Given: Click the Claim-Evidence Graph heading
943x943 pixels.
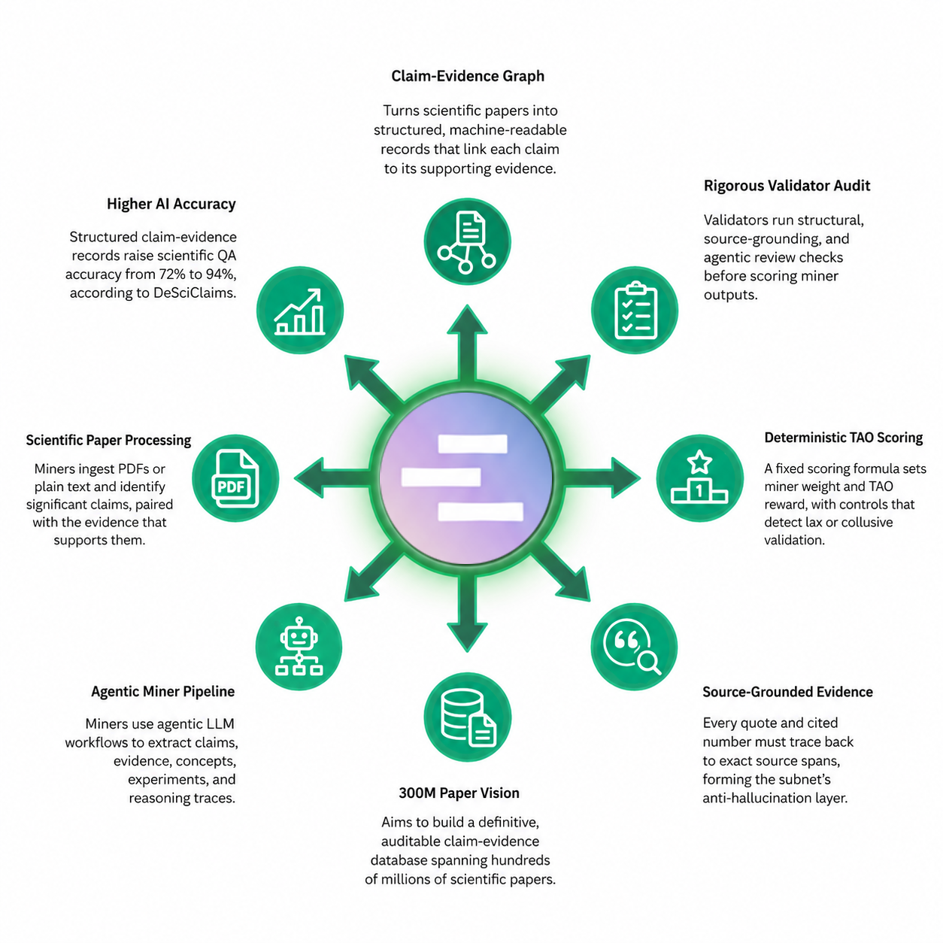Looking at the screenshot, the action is coord(467,77).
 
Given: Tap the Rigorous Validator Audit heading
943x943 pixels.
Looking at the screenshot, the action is coord(787,186).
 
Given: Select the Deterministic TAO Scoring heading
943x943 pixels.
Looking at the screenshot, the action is coord(843,438).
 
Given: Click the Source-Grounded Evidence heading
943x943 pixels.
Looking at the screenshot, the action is coord(787,692).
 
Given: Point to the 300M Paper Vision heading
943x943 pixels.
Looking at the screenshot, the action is coord(459,793).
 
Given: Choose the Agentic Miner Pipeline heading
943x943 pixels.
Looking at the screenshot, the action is coord(163,692).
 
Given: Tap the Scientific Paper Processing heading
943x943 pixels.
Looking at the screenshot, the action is coord(108,440).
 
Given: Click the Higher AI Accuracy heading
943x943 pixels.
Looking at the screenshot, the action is coord(171,204).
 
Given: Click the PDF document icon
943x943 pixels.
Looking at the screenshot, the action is coord(235,478).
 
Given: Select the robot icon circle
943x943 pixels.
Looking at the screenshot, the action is coord(299,647).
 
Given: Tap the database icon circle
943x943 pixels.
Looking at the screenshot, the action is coord(467,717).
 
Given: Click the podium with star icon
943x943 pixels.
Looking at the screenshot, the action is coord(700,478).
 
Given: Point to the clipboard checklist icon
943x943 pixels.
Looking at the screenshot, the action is coord(635,310).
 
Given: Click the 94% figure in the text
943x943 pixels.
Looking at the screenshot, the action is coord(218,274).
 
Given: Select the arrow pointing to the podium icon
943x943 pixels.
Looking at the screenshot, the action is coord(602,478).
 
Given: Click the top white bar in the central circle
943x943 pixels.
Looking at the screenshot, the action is coord(473,444).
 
